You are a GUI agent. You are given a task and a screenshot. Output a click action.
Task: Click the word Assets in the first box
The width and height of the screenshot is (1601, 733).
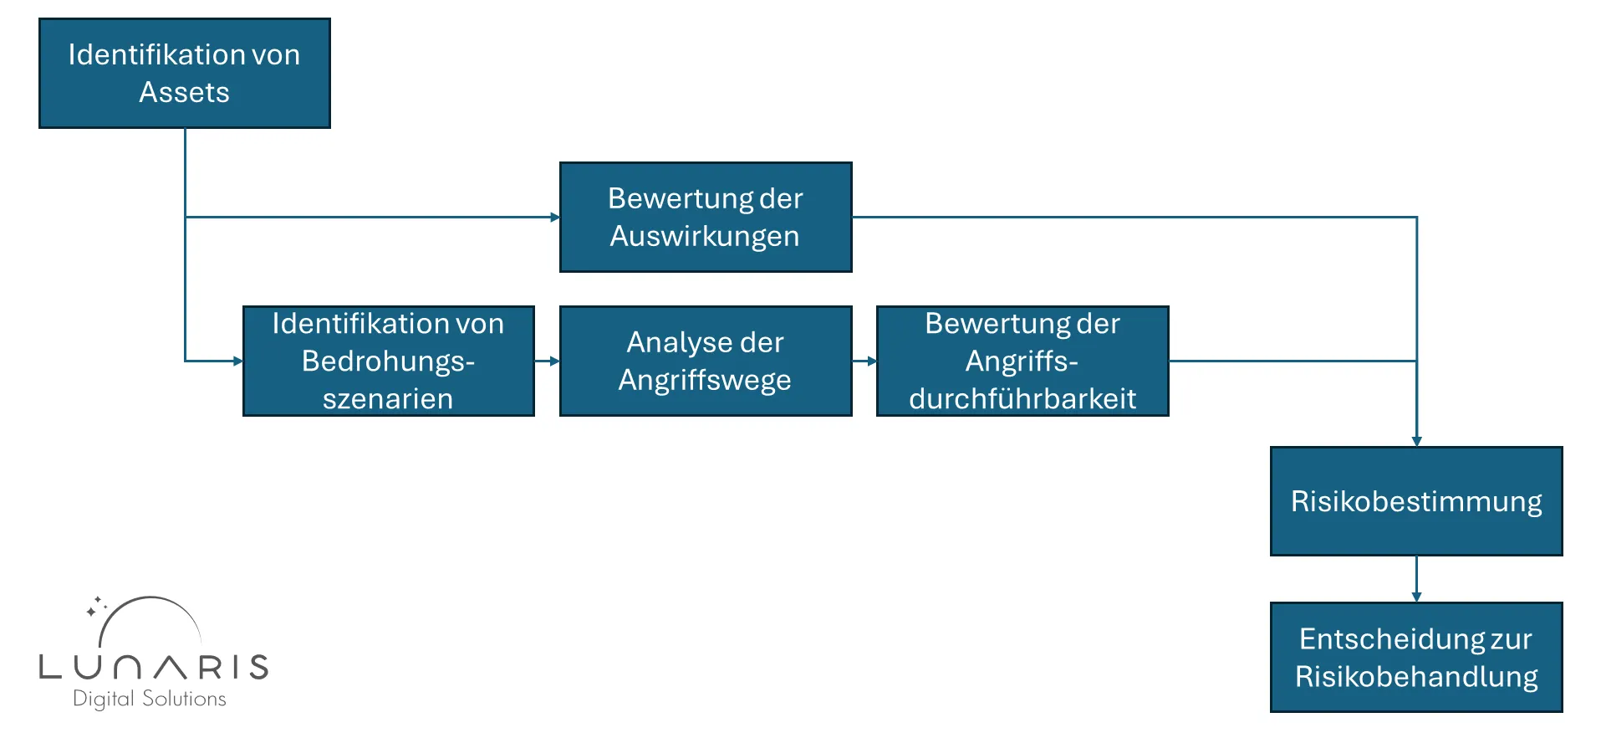pos(184,92)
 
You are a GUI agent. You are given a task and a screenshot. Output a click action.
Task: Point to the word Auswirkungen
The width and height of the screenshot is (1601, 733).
pos(704,236)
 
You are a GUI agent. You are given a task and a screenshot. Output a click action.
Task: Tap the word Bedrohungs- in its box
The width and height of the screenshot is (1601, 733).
pos(388,361)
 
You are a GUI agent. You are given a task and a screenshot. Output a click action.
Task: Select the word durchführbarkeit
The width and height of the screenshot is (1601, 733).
pos(1022,399)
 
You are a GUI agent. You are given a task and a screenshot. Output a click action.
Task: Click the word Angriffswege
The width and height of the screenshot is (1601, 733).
pos(704,380)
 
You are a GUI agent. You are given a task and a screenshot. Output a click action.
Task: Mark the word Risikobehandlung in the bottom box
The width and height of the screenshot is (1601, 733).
pos(1415,676)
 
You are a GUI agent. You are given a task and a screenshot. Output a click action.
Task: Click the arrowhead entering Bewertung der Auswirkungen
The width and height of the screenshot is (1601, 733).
pos(554,218)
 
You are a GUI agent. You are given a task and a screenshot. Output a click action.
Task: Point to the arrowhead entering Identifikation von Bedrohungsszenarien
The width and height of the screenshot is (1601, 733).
pos(237,361)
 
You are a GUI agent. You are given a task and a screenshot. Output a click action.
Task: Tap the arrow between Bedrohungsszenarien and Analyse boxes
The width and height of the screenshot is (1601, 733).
pos(547,361)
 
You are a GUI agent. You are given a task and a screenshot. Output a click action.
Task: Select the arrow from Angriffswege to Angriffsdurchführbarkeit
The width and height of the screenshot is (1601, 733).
pos(864,361)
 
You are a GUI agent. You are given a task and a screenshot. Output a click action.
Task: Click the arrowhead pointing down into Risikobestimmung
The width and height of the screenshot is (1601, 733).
pos(1416,440)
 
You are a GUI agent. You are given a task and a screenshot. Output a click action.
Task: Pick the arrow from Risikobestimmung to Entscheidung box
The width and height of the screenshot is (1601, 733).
pos(1416,579)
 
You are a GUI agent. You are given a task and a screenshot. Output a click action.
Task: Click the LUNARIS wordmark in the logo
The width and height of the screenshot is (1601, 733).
pos(154,667)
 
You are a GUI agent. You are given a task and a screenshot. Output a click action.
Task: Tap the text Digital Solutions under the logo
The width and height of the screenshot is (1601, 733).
pos(150,699)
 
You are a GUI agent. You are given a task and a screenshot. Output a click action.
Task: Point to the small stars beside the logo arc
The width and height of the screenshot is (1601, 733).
pos(95,607)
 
